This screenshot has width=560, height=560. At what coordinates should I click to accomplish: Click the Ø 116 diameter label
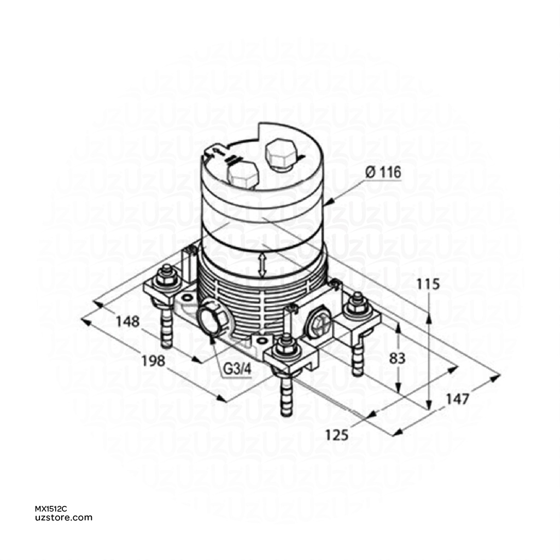coord(382,173)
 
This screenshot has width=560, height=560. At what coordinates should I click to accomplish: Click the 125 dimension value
coord(336,435)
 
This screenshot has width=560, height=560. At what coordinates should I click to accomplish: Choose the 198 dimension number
coord(154,360)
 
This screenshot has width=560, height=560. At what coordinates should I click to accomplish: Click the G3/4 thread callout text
coord(237,369)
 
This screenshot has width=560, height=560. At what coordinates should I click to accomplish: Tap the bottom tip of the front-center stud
coord(285,412)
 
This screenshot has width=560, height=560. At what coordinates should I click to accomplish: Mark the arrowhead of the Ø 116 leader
coord(327,203)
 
